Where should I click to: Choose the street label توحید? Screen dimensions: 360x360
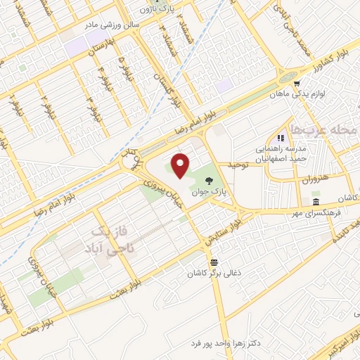point(236,166)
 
